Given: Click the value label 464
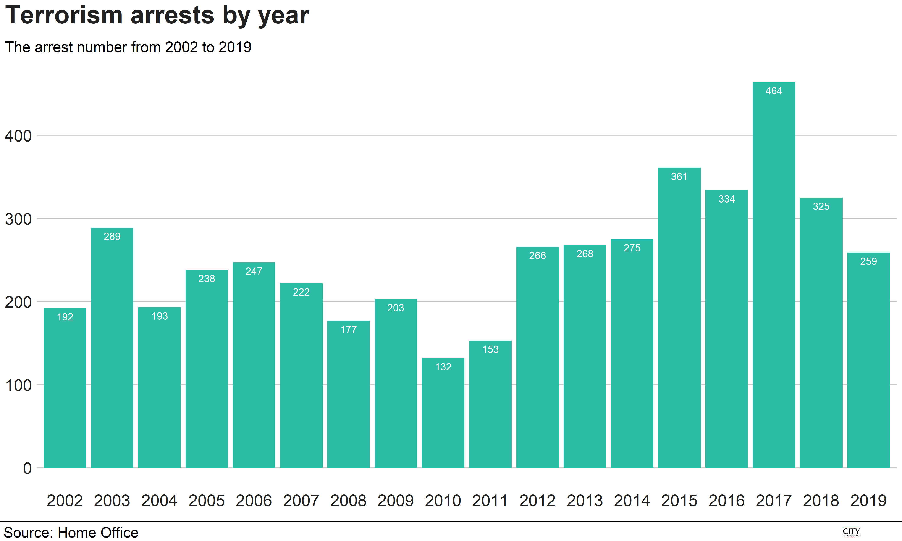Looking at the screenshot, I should tap(774, 91).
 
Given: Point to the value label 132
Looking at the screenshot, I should tap(443, 367).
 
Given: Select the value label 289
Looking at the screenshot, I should tap(112, 237).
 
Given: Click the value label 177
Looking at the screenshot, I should tap(348, 330).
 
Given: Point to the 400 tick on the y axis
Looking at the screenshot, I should tap(18, 136).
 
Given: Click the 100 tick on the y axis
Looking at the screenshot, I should tap(18, 385).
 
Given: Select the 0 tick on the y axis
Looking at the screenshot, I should tap(27, 469).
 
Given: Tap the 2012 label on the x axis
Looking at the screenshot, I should tap(537, 501).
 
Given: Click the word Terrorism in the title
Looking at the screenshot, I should tap(64, 15).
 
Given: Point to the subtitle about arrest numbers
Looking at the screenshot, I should tap(128, 47).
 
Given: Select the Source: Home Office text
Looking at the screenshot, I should tap(71, 533).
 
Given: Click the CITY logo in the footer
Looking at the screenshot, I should tap(851, 532).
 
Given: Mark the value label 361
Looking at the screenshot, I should tap(679, 177).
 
